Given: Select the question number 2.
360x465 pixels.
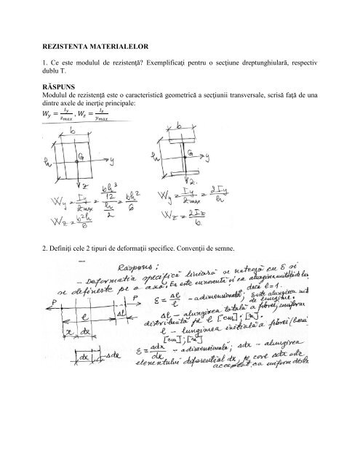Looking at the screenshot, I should [x=46, y=250].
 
